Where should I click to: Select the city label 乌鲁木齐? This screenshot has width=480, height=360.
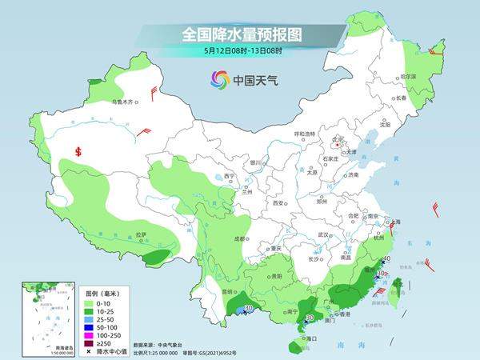point(124,102)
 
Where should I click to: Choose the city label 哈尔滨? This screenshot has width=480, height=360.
point(409,77)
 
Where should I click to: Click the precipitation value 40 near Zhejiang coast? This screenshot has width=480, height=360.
point(386,259)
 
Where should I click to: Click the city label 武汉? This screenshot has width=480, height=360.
point(323,234)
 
